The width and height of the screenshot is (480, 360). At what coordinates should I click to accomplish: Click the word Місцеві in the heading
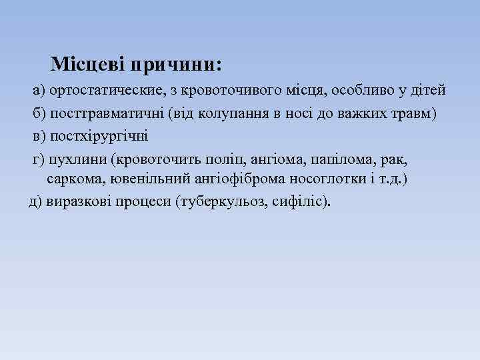click(x=88, y=65)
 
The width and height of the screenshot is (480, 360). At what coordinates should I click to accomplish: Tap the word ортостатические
click(x=106, y=90)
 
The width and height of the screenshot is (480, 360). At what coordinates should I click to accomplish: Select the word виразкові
click(x=73, y=201)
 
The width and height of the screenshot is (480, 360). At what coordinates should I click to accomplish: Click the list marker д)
click(x=35, y=201)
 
